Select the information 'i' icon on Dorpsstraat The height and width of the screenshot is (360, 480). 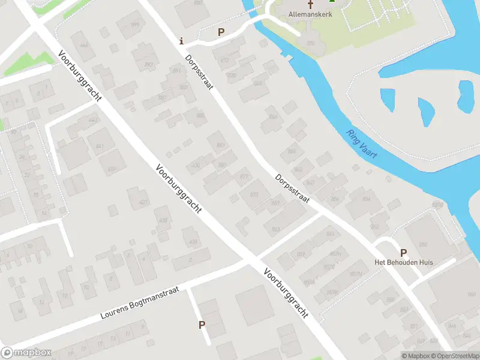(x=182, y=41)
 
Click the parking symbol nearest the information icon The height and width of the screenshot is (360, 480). (x=221, y=32)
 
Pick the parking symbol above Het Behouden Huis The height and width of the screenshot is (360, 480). (x=403, y=253)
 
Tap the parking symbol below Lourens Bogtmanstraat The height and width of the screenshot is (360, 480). (x=202, y=325)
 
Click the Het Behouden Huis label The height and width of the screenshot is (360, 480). (x=403, y=263)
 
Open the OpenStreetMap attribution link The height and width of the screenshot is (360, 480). (x=455, y=356)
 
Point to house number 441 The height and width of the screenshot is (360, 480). (x=100, y=146)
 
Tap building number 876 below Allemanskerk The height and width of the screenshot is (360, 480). (x=310, y=43)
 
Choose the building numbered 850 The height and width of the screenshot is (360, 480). (x=422, y=244)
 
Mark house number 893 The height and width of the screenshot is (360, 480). (x=220, y=144)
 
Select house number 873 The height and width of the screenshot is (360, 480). (x=254, y=194)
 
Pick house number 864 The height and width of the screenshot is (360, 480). (x=292, y=151)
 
